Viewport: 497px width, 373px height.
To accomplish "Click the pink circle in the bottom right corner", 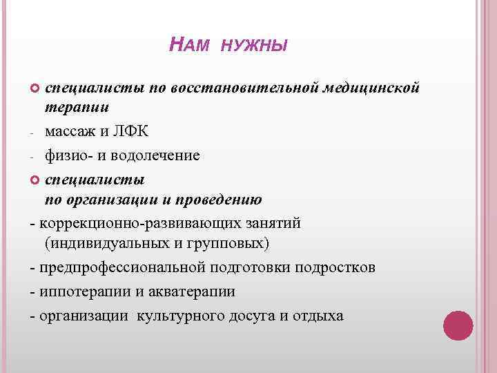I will [x=458, y=325].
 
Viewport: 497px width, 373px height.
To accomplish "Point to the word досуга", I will [x=253, y=316].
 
